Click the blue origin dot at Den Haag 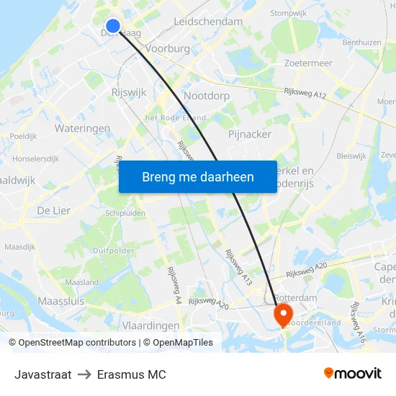pos(112,26)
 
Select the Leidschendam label pos(208,22)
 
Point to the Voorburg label pos(167,48)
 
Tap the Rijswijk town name pos(130,92)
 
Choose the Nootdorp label pos(207,95)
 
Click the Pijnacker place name pos(249,134)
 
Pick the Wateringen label pos(82,128)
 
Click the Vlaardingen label pos(150,325)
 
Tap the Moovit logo pos(352,374)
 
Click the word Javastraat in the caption pos(42,374)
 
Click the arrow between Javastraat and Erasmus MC pos(85,374)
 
